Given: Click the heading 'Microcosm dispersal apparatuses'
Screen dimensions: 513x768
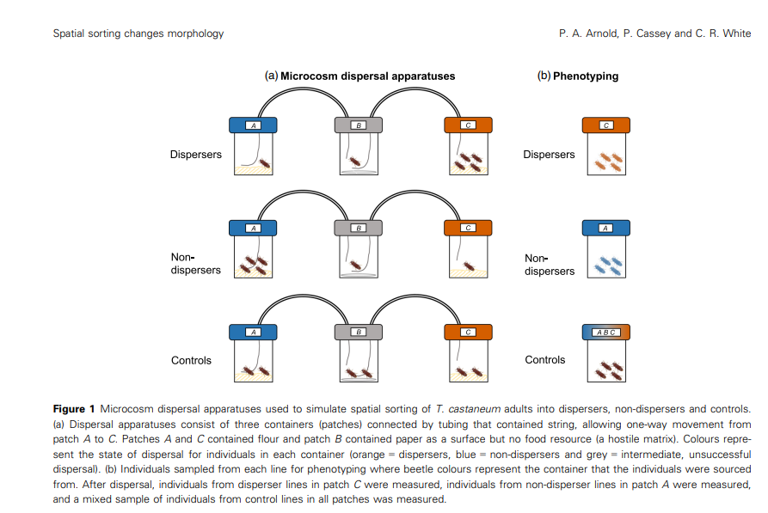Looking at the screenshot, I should click(x=367, y=76).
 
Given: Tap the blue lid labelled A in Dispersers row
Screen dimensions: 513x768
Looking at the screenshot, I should click(x=253, y=125).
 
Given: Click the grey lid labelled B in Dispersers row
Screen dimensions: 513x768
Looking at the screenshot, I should click(x=359, y=125).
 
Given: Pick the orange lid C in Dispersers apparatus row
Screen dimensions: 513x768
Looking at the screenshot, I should click(x=468, y=125).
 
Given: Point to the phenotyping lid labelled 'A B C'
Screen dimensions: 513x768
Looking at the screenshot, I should click(x=606, y=332).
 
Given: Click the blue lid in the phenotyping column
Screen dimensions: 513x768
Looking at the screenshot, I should click(x=606, y=228).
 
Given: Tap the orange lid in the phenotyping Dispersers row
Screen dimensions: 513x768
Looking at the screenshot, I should click(x=606, y=125).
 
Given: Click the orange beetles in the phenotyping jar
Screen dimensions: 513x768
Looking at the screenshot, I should click(x=608, y=161).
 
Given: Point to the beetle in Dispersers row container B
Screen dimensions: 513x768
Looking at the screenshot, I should click(x=353, y=161).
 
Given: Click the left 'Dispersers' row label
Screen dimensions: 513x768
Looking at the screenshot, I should click(x=195, y=155).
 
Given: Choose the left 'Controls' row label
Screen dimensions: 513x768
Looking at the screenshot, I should click(x=191, y=360).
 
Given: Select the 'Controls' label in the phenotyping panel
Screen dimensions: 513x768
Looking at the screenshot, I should click(x=545, y=360).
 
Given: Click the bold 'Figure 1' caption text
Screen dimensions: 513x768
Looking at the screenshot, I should click(x=74, y=408).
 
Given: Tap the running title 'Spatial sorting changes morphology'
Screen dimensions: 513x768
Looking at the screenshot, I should click(x=138, y=34).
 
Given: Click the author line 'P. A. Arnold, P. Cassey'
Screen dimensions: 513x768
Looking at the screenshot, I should click(x=654, y=34).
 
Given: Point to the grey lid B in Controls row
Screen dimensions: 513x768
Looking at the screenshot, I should click(x=359, y=332).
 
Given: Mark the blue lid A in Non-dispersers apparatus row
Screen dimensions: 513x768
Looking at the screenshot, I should click(x=253, y=228).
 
